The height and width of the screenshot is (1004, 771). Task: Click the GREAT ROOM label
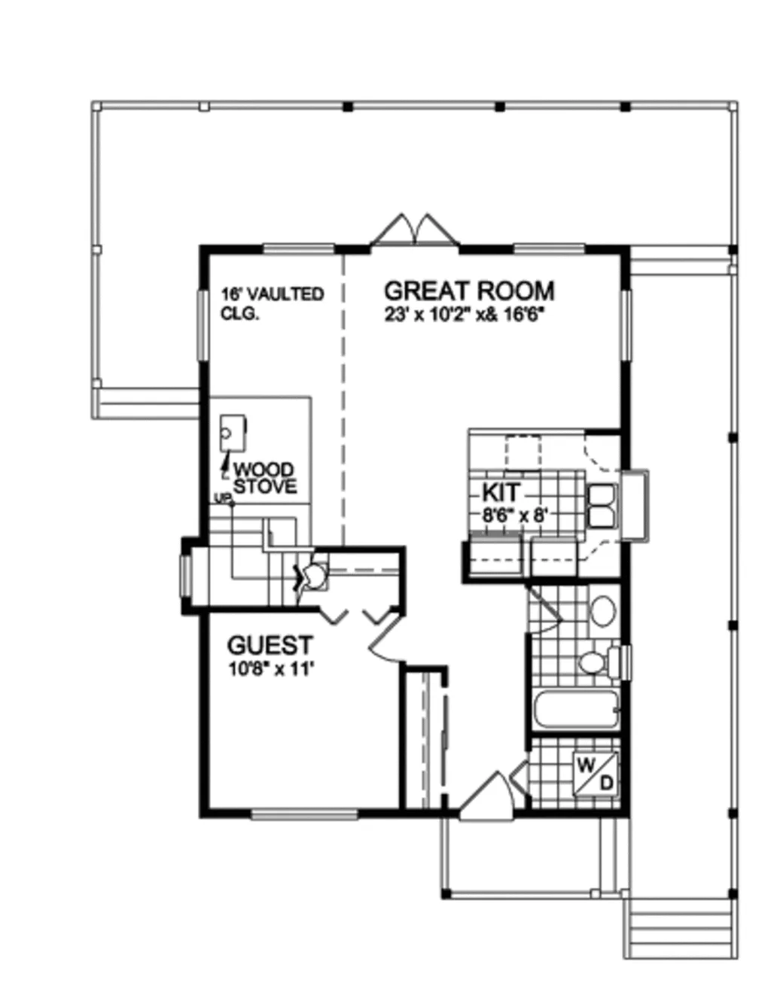click(469, 291)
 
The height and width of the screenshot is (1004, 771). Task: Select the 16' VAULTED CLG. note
click(273, 303)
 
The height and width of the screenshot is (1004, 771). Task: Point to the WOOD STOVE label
click(265, 478)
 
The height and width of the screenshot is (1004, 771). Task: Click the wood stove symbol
click(233, 433)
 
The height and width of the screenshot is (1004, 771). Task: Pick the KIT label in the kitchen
click(501, 492)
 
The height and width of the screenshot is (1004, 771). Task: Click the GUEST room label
click(270, 646)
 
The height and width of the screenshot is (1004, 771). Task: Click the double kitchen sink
click(603, 506)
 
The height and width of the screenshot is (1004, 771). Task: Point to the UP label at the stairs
click(221, 498)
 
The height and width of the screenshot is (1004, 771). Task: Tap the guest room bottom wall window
click(305, 814)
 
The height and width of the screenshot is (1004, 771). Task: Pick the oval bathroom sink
click(603, 611)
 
